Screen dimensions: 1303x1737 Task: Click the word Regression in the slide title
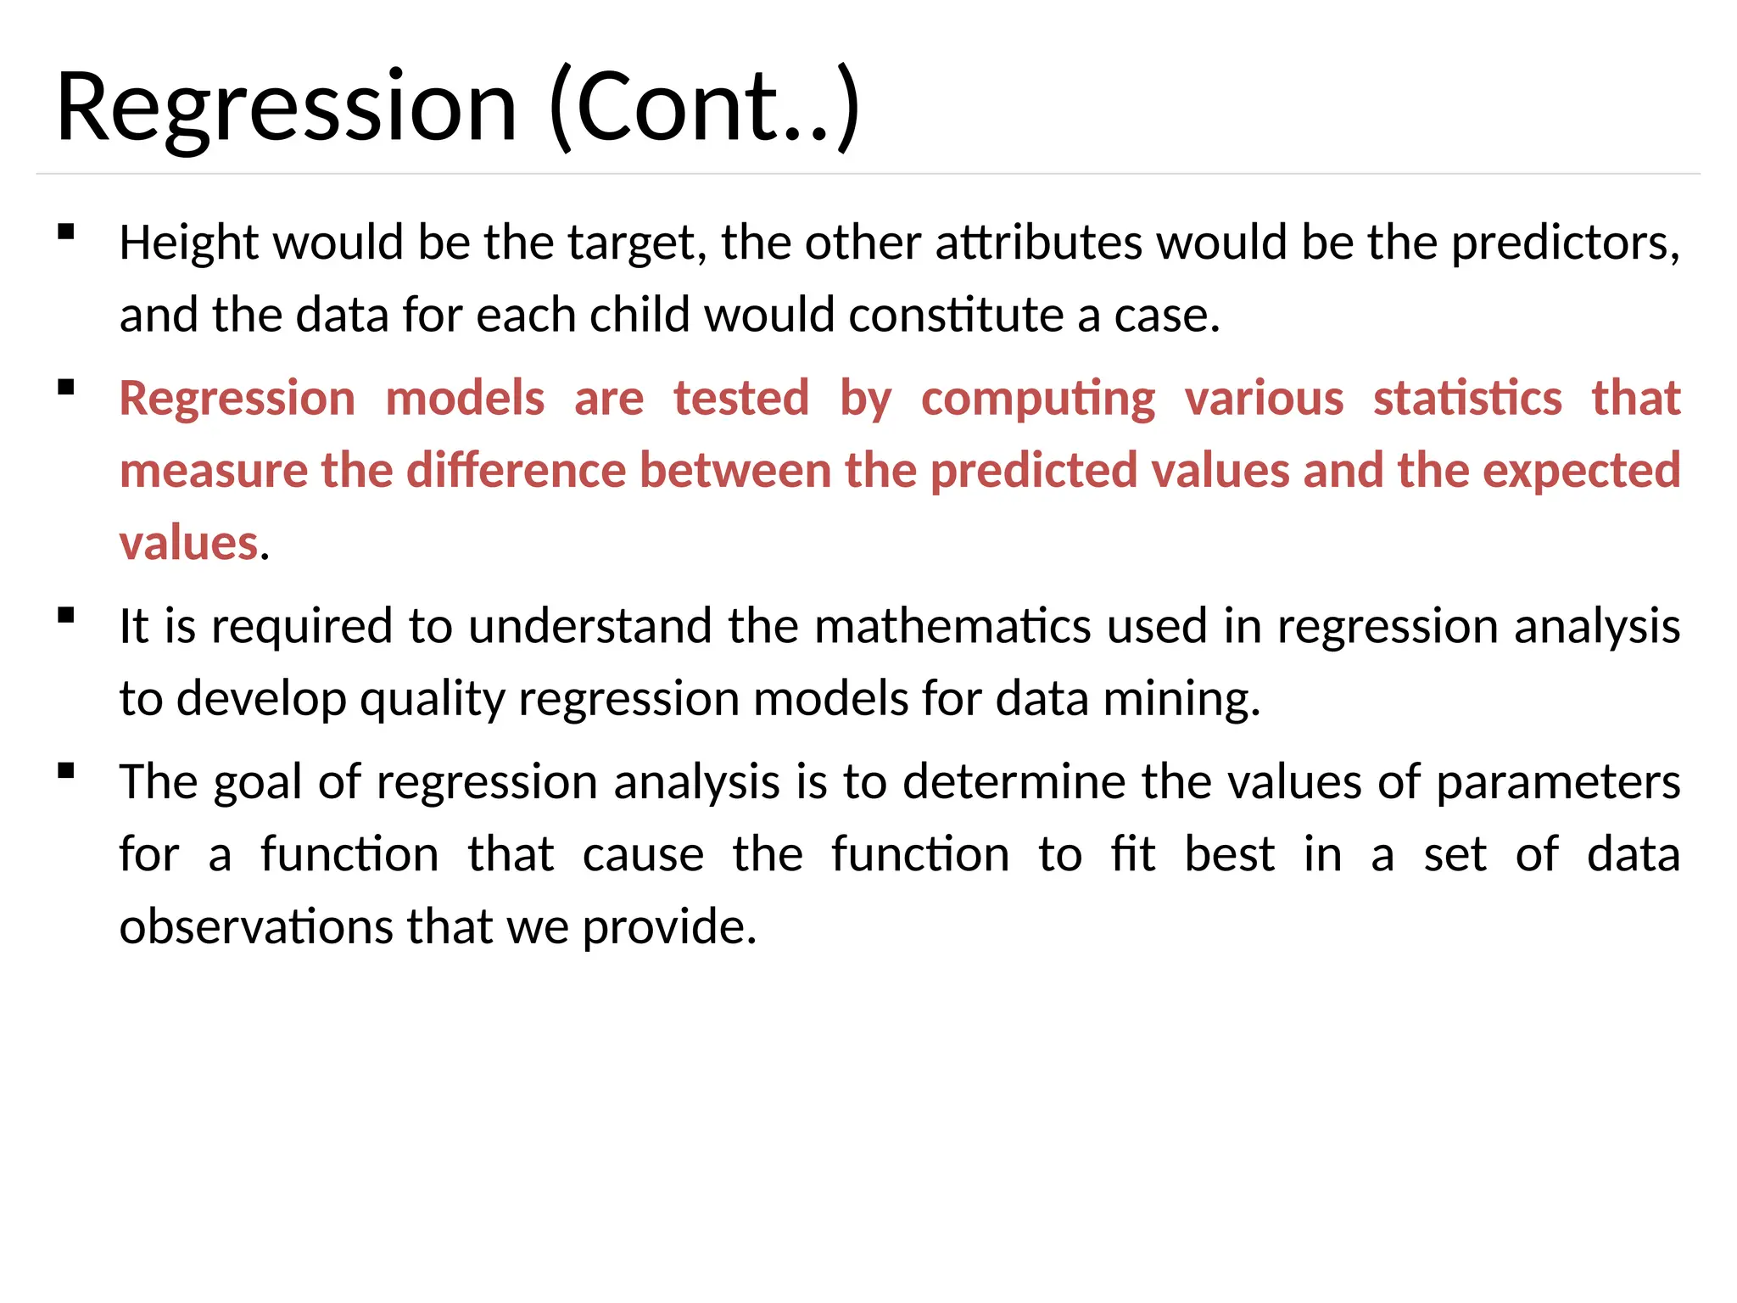coord(286,109)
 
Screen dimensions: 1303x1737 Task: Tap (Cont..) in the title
coord(705,109)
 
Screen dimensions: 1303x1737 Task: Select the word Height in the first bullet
coord(189,243)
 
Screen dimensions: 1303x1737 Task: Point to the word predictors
coord(1565,243)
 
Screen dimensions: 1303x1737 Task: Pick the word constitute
coord(956,316)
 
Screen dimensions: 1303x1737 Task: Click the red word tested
coord(741,399)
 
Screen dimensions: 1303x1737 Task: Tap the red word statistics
coord(1467,399)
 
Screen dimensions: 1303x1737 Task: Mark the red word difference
coord(517,471)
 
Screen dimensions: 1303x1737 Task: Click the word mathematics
coord(952,627)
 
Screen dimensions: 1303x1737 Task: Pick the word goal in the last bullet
coord(258,783)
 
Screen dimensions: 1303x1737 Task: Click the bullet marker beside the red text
coord(66,388)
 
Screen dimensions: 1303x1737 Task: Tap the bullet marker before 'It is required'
coord(66,615)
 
